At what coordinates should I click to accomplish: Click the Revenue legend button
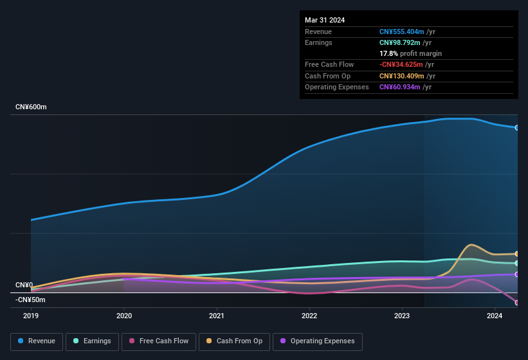pyautogui.click(x=37, y=341)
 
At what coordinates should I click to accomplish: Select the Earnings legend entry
pyautogui.click(x=91, y=341)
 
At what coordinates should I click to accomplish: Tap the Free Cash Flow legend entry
pyautogui.click(x=158, y=341)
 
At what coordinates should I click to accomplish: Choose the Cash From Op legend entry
pyautogui.click(x=234, y=341)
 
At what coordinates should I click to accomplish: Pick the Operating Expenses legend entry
pyautogui.click(x=317, y=341)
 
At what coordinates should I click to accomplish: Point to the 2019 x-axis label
pyautogui.click(x=31, y=316)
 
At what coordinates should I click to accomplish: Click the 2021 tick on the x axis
pyautogui.click(x=217, y=316)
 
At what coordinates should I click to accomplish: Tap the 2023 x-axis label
pyautogui.click(x=402, y=316)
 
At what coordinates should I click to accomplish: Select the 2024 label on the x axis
pyautogui.click(x=495, y=316)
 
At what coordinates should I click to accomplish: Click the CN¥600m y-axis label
pyautogui.click(x=31, y=107)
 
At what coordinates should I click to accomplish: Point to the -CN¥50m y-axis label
pyautogui.click(x=30, y=300)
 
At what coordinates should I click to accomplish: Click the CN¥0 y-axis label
pyautogui.click(x=24, y=285)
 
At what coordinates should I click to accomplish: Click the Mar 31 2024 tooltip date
pyautogui.click(x=325, y=20)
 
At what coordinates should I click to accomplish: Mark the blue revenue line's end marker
pyautogui.click(x=517, y=127)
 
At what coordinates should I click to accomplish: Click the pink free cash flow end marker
pyautogui.click(x=517, y=303)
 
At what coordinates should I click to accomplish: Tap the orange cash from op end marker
pyautogui.click(x=517, y=254)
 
